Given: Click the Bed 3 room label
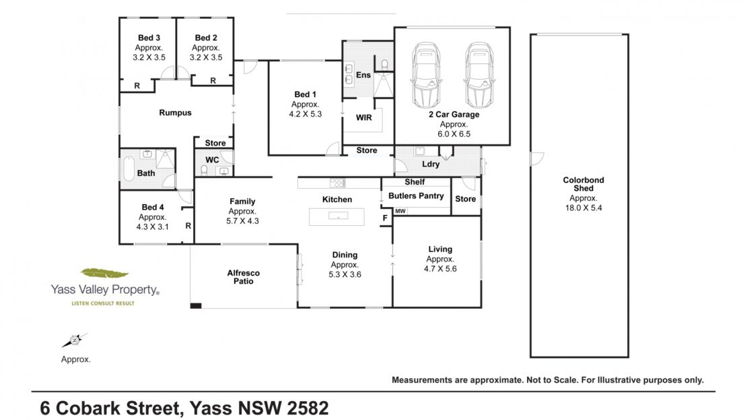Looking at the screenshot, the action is click(x=149, y=38).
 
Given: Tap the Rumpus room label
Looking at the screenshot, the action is click(x=176, y=113).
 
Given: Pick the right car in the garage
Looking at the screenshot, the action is click(x=479, y=75).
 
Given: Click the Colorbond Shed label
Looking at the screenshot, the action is click(x=583, y=184).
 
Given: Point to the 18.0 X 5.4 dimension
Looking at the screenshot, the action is click(x=583, y=208).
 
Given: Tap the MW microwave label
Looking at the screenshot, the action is click(x=400, y=211).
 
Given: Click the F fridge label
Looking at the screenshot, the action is click(x=386, y=218).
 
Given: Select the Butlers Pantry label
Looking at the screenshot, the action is click(x=416, y=196).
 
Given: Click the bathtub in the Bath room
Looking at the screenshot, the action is click(x=129, y=169).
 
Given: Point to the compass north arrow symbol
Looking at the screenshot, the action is click(x=74, y=340).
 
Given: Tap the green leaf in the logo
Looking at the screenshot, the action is click(x=104, y=273).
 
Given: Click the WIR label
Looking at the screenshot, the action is click(x=364, y=117).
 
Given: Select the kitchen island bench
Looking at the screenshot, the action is click(x=336, y=216).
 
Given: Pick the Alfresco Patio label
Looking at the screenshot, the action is click(x=244, y=277).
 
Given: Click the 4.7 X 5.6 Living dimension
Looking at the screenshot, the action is click(x=440, y=269).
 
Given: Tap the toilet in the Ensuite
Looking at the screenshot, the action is click(x=384, y=65).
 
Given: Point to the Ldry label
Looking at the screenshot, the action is click(x=431, y=164).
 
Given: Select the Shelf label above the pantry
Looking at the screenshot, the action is click(x=415, y=182).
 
